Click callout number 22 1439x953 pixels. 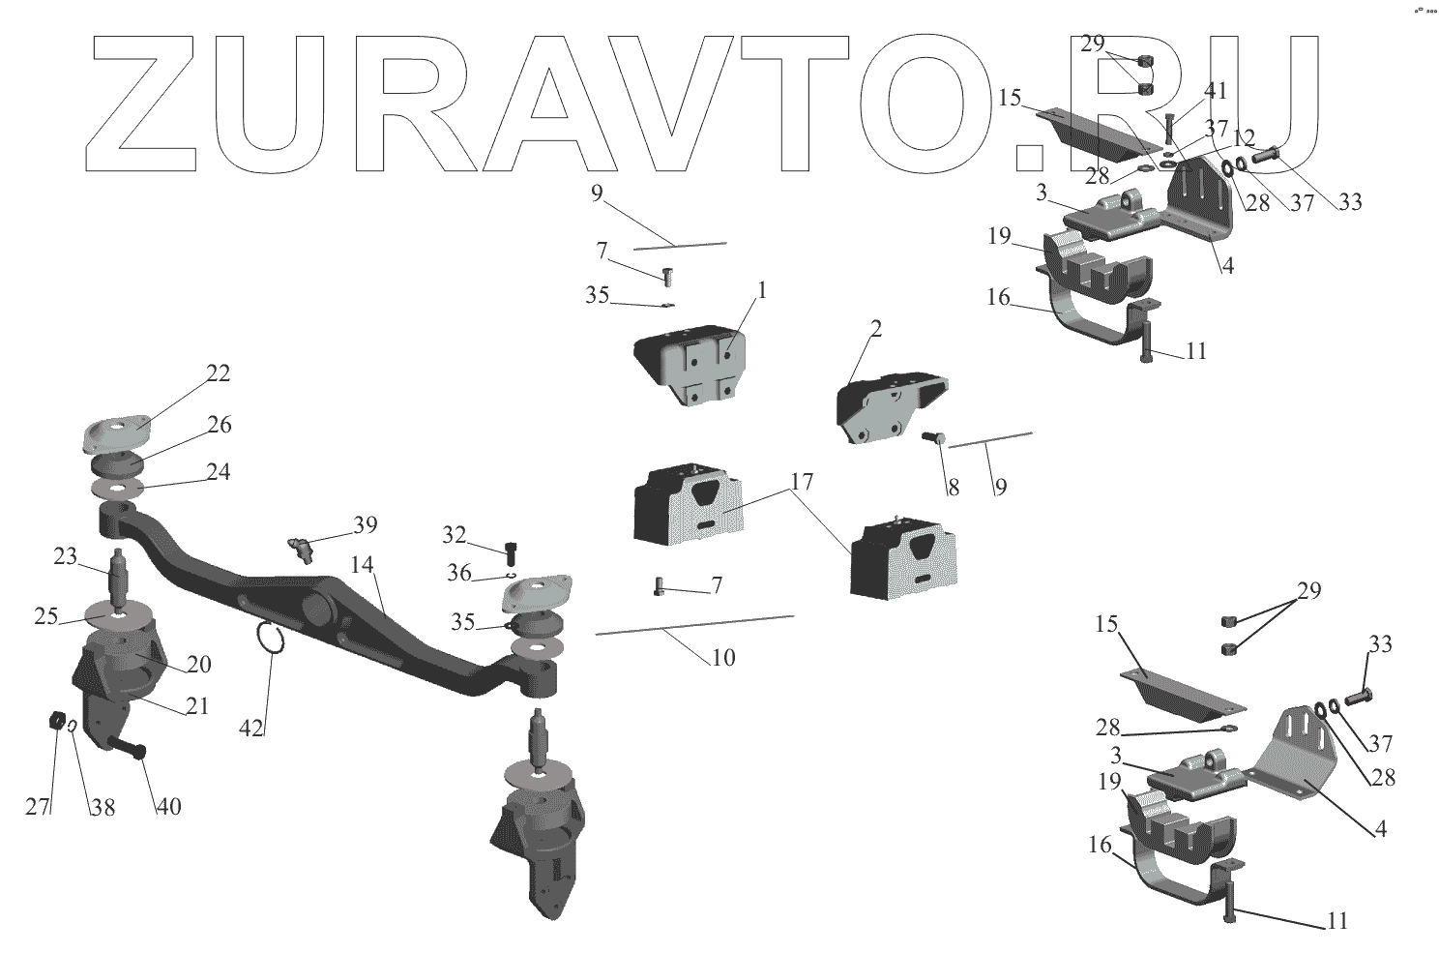click(219, 373)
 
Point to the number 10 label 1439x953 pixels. click(722, 658)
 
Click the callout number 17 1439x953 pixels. click(801, 482)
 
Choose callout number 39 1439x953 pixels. click(365, 524)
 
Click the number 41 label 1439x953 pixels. click(1215, 91)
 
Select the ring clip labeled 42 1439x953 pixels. click(271, 638)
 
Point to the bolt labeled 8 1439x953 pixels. click(934, 440)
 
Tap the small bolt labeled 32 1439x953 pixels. click(510, 552)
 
